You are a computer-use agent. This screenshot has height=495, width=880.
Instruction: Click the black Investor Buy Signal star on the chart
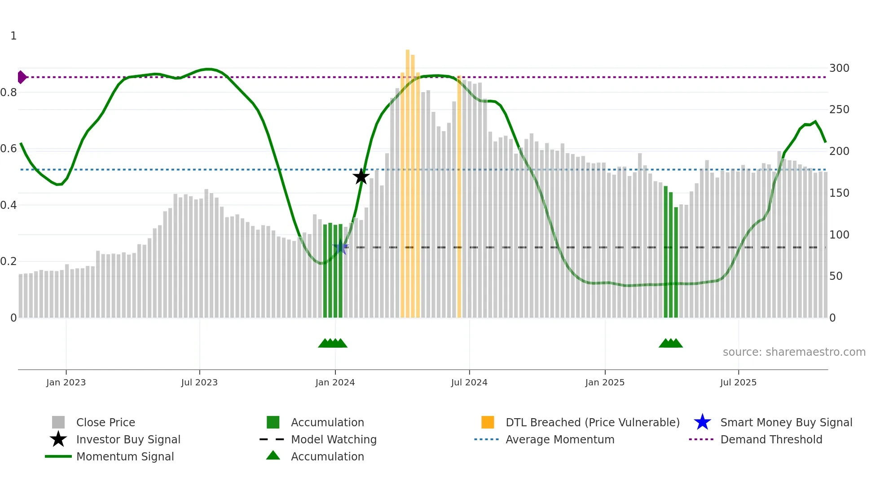361,177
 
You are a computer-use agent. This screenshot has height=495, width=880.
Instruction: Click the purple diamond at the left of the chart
22,77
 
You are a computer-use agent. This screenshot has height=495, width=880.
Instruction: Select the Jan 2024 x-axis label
335,382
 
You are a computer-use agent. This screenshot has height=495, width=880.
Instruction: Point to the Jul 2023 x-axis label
199,382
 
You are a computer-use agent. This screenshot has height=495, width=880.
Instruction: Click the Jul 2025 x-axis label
738,382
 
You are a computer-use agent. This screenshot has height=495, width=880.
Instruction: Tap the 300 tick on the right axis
839,68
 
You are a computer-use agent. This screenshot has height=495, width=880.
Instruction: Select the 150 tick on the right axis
839,193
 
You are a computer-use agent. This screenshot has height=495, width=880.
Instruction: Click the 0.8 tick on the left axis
9,93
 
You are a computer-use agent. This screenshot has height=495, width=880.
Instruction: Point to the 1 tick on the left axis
13,36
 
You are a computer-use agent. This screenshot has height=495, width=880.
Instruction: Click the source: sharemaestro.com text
794,352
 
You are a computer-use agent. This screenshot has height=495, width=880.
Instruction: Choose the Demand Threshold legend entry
771,439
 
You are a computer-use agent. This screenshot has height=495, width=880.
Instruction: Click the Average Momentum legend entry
559,439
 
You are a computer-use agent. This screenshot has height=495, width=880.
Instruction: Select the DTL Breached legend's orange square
488,422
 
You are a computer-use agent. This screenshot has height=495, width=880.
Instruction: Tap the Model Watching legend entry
333,439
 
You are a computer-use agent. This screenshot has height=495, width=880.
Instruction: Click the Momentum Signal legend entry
125,456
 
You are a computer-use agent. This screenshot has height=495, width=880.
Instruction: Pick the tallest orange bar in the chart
408,180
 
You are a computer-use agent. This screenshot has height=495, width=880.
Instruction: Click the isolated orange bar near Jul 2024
459,198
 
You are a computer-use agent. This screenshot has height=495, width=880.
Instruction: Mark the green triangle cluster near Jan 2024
333,343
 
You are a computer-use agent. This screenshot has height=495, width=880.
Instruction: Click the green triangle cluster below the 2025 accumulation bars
671,343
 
